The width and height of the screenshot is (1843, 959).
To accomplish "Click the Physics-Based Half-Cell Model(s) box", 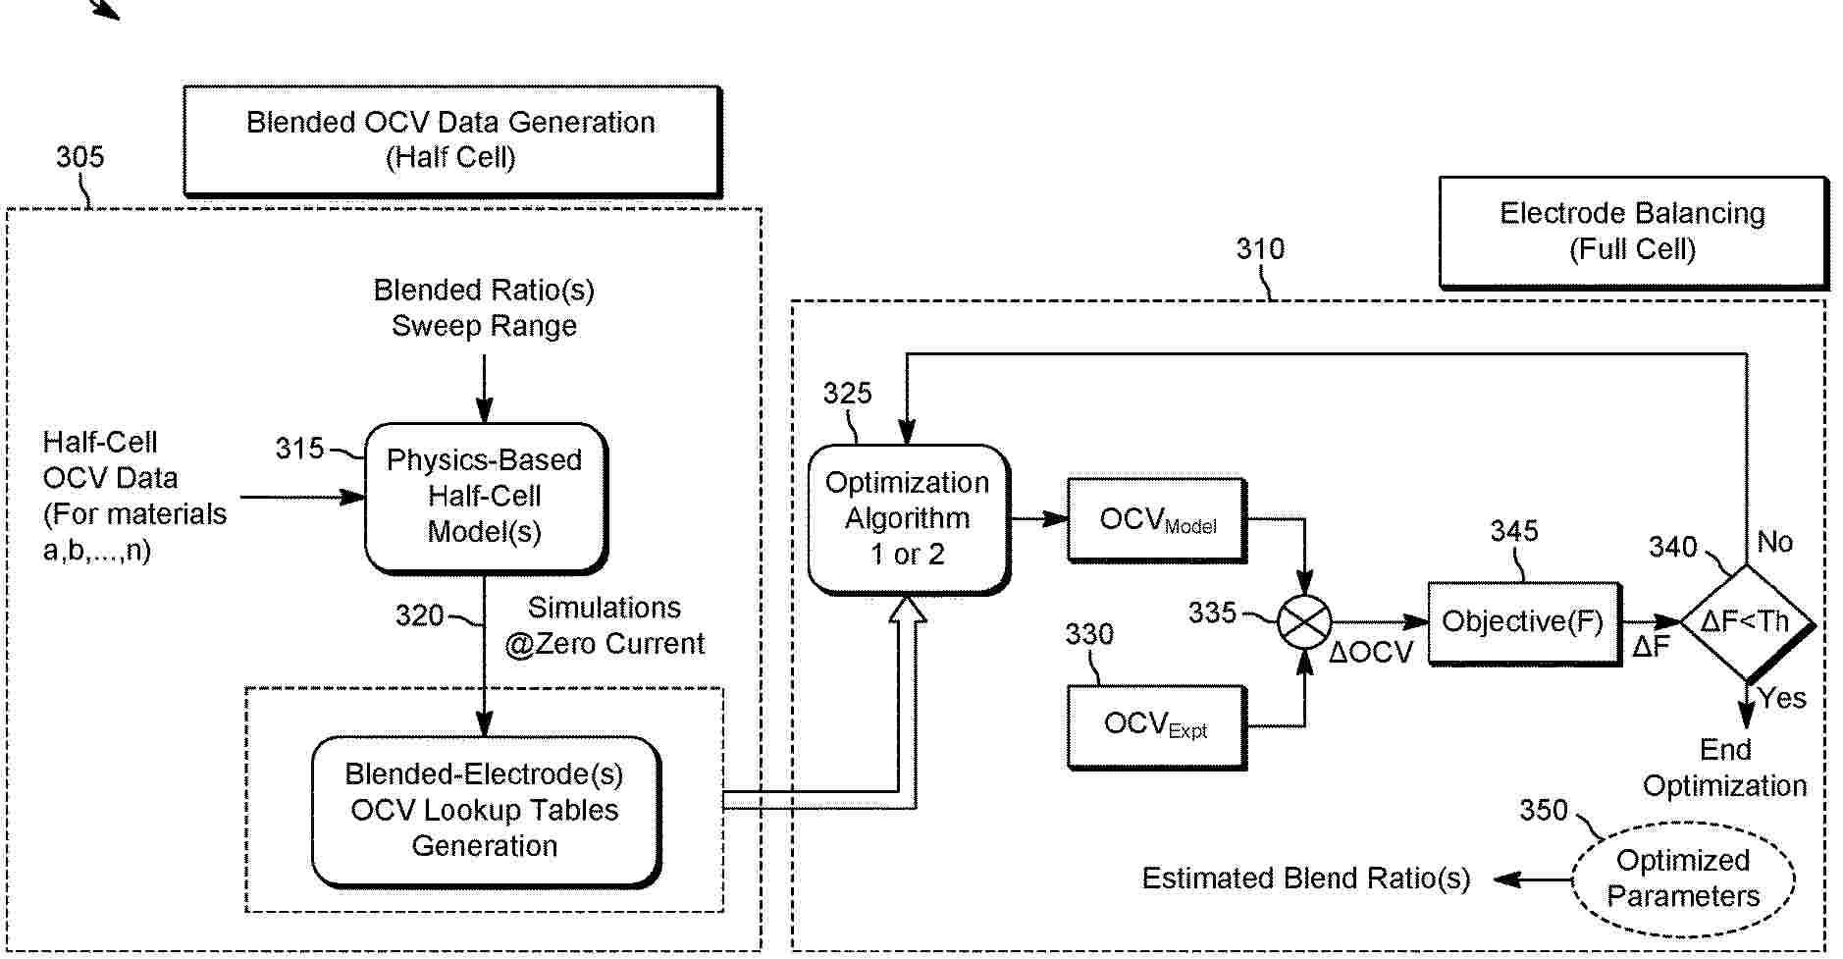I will point(485,496).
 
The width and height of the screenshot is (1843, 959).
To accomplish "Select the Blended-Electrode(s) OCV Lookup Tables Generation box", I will point(485,810).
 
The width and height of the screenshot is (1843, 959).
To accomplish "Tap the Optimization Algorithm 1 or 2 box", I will point(908,518).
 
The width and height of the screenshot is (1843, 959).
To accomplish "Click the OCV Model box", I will point(1156,519).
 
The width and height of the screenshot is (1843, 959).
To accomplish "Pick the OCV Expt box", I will point(1156,725).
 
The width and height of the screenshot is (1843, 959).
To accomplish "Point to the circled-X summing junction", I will point(1304,621).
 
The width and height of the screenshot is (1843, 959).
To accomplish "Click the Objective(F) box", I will point(1522,621).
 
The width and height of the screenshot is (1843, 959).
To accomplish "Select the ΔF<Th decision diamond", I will point(1746,621).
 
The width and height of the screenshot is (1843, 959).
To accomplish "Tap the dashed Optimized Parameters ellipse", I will point(1683,879).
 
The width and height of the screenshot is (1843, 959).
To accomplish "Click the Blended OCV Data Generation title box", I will point(451,139).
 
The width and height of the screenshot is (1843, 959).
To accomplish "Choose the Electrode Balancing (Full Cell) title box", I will point(1632,232).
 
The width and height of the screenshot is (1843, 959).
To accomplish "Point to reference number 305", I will point(79,157).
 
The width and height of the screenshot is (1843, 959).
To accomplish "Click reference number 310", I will point(1260,249).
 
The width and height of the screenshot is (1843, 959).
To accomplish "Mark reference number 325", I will point(847,394).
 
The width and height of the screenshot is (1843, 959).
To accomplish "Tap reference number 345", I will point(1514,532).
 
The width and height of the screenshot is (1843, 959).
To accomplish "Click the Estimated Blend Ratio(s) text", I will point(1305,879).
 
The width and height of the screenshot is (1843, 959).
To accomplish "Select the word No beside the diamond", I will point(1774,542).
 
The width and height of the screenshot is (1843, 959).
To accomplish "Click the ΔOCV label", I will point(1370,653).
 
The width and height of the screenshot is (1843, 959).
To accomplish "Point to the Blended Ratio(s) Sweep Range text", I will point(484,308).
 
